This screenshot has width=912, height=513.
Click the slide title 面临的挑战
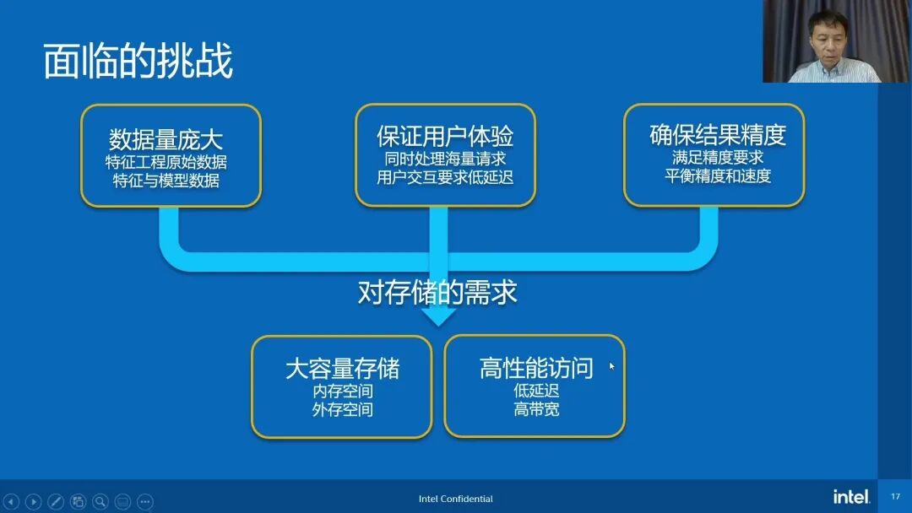(x=138, y=62)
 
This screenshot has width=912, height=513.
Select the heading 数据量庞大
(x=166, y=138)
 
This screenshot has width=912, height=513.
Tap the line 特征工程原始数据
(x=166, y=161)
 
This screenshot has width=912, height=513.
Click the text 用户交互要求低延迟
(x=445, y=177)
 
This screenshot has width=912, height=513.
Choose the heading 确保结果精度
(x=718, y=135)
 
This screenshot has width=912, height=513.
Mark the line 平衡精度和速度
(x=718, y=176)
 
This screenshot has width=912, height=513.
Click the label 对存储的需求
(x=437, y=292)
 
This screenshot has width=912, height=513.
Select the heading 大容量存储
(x=342, y=369)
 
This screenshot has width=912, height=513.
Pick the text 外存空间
(x=342, y=410)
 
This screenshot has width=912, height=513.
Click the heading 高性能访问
(x=536, y=368)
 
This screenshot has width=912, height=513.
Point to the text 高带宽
(x=536, y=410)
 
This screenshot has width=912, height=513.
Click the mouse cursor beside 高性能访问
(x=612, y=366)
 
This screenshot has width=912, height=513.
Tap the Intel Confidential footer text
(x=456, y=499)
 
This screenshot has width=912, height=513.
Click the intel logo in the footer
(x=851, y=496)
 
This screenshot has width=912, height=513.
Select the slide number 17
(x=896, y=496)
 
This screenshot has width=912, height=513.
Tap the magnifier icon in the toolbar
(x=100, y=501)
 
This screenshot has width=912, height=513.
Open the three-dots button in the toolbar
(x=145, y=501)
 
